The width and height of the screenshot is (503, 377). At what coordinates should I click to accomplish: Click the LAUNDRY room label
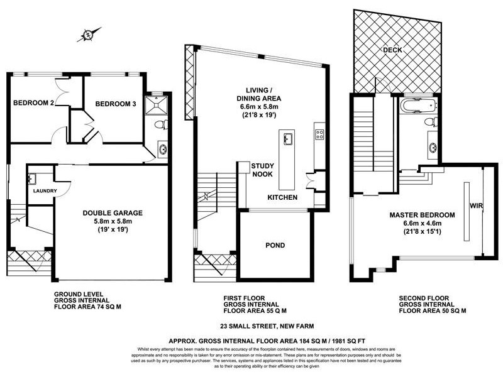pyautogui.click(x=42, y=191)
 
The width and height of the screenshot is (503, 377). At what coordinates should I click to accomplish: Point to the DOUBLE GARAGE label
pyautogui.click(x=111, y=213)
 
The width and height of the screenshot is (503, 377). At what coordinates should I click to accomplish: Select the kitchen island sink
pyautogui.click(x=289, y=139)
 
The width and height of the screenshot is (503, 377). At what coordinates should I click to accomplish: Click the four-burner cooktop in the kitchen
pyautogui.click(x=319, y=134)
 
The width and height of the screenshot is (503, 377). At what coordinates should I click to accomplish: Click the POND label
pyautogui.click(x=275, y=245)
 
